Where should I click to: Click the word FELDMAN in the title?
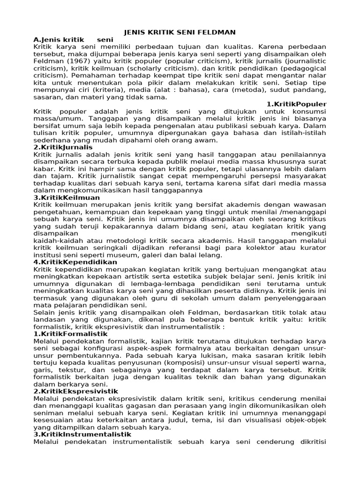coord(218,32)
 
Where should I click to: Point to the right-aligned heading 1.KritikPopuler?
coord(296,104)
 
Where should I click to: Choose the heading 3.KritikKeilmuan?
coord(67,198)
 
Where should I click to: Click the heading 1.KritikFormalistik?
coord(70,334)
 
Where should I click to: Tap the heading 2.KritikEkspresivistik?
coord(76,391)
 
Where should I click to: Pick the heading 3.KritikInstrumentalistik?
coord(82,434)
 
